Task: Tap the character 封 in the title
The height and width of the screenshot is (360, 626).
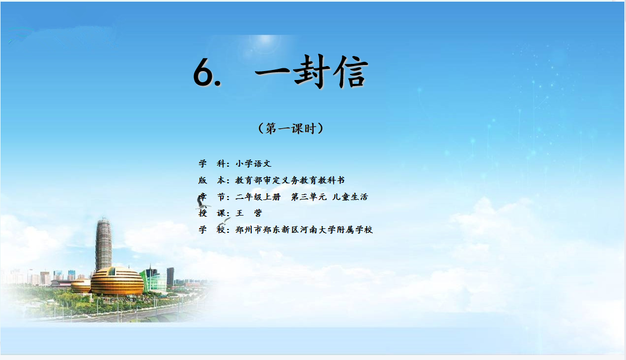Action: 312,71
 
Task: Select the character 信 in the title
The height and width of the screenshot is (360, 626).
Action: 351,72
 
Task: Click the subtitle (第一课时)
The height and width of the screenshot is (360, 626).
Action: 291,128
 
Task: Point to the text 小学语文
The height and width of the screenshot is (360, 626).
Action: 253,164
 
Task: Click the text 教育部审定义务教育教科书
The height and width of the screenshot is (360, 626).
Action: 290,181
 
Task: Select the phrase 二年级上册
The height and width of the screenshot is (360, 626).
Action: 258,197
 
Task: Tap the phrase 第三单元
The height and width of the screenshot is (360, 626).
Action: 309,197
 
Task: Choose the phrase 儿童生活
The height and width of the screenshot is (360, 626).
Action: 350,197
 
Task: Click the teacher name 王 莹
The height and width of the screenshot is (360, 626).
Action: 249,213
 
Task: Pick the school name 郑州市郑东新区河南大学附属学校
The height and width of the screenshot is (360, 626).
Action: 304,230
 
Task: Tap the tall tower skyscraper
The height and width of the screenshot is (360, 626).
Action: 103,244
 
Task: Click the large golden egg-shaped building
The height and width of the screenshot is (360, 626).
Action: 117,281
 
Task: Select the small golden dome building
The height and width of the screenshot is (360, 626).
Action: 81,286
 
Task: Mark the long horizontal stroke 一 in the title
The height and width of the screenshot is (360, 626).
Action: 272,73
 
